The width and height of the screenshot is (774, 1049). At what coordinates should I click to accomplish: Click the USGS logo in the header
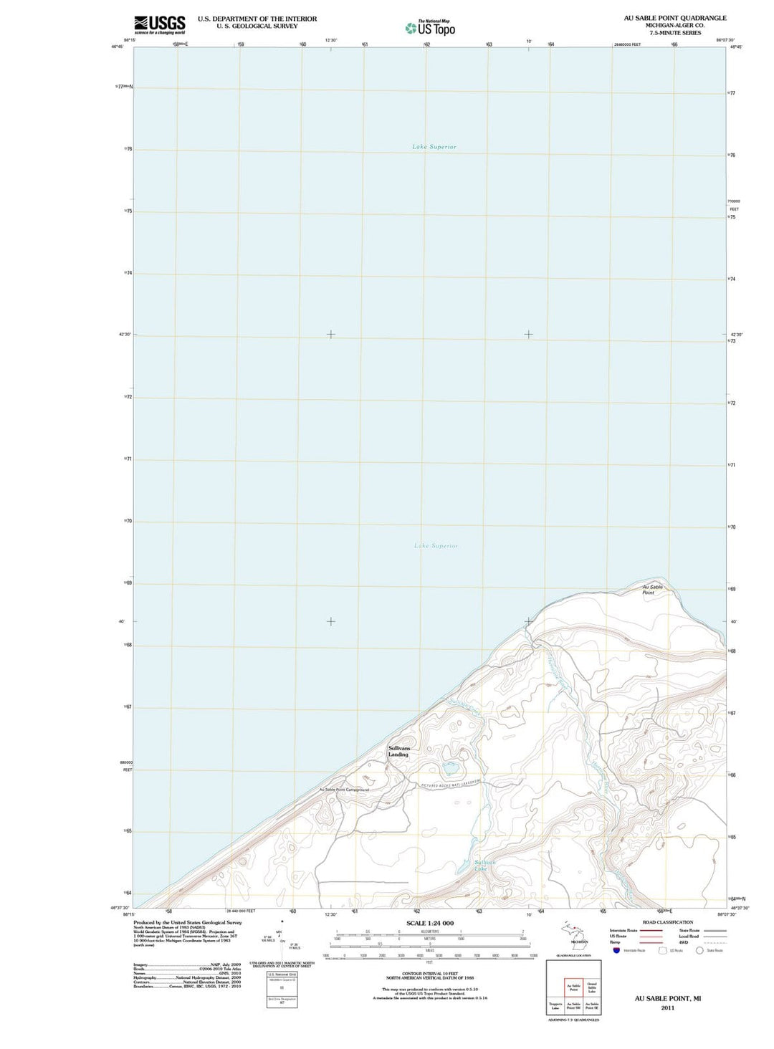click(159, 25)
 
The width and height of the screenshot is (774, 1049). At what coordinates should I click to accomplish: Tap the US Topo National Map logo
click(430, 28)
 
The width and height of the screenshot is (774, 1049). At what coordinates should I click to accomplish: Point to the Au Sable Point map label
click(652, 590)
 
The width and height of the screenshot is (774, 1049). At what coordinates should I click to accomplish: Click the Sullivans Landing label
click(398, 751)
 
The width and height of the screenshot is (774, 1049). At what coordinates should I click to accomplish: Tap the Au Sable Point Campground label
click(344, 790)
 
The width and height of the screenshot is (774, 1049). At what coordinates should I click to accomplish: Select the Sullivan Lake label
click(484, 866)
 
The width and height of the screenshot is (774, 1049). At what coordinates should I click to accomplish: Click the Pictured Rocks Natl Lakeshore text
click(451, 784)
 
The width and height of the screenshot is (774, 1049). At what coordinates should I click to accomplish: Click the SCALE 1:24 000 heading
click(430, 923)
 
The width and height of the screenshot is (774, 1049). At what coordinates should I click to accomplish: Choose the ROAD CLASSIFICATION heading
click(668, 922)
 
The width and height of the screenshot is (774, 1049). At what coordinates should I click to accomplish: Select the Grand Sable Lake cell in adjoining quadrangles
click(592, 987)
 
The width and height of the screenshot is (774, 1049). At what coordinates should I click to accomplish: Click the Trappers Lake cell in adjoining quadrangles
click(555, 1006)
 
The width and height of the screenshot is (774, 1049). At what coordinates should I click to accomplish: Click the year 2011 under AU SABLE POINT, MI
click(668, 1007)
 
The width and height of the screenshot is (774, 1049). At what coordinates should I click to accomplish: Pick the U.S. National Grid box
click(282, 983)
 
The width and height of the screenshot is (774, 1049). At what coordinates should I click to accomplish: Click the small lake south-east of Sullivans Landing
click(451, 770)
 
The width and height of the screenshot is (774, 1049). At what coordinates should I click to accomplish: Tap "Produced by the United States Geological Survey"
click(188, 923)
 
